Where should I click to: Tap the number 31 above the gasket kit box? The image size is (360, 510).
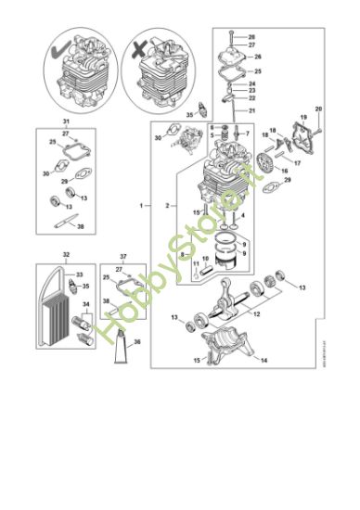(66, 122)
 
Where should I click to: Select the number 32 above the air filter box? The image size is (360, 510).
(66, 253)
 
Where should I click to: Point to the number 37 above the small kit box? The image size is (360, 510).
(123, 253)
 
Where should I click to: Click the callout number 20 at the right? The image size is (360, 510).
(318, 109)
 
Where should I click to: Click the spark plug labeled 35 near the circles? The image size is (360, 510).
(202, 110)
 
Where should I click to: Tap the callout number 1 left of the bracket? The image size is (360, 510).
(142, 203)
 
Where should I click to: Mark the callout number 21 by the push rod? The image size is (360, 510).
(251, 109)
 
